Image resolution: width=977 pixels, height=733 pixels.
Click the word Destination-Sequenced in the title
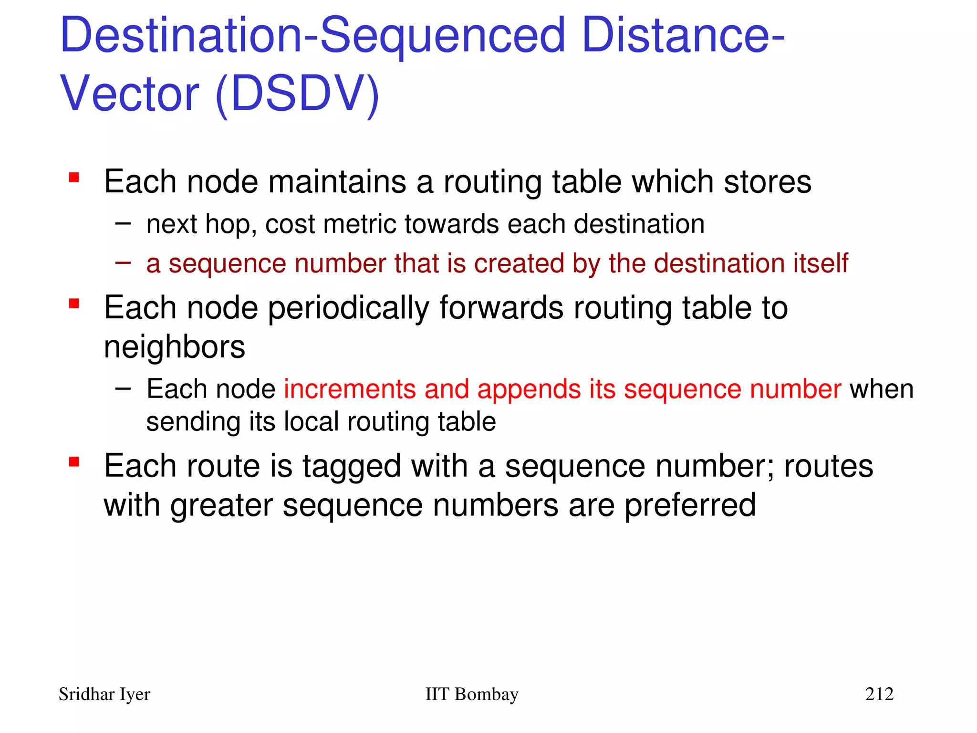312,36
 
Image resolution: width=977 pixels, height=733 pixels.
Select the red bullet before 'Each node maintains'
74,178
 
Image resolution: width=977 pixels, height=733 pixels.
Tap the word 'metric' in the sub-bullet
359,224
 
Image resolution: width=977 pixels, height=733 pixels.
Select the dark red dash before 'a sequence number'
123,262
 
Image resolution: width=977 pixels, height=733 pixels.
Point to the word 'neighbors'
175,347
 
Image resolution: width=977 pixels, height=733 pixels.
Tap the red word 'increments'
350,389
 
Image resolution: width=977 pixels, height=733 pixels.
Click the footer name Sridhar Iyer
104,694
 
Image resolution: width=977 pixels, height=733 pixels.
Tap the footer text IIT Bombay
471,694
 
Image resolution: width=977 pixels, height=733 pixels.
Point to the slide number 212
879,694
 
